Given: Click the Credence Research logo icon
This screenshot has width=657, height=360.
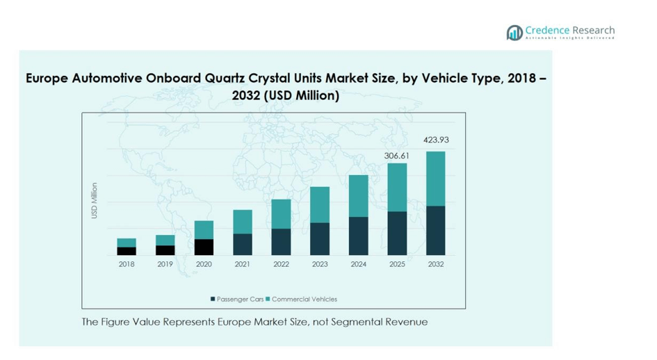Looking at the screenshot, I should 514,33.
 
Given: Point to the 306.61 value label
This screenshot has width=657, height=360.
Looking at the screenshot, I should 397,156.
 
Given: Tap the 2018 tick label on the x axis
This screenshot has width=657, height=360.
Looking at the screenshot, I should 127,264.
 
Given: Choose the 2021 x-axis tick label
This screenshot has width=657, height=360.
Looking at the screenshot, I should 243,264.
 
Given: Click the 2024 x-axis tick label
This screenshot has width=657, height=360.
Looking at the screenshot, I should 359,264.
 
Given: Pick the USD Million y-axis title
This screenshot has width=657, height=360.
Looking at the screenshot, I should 95,202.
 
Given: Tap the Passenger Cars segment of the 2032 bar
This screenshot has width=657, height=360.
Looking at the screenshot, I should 435,230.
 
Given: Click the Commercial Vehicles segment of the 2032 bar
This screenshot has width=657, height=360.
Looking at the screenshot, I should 435,179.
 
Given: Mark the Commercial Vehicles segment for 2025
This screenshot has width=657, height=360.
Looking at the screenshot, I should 397,187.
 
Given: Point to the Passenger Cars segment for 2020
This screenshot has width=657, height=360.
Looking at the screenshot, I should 204,247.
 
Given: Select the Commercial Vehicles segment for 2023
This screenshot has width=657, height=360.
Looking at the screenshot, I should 320,204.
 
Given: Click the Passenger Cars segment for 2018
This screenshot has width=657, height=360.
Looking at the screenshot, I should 127,251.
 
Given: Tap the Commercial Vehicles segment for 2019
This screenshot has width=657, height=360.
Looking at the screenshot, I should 165,240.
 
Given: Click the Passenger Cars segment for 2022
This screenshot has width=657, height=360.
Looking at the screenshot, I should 281,241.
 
